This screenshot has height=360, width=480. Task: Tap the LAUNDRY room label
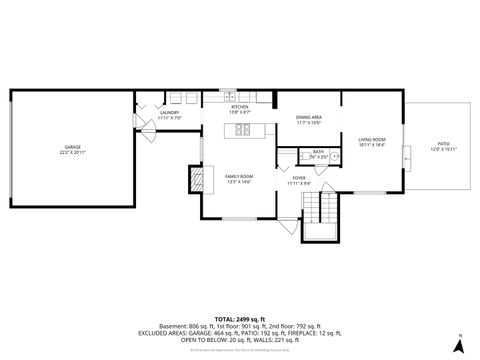click(x=169, y=113)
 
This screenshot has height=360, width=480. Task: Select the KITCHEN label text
click(x=239, y=107)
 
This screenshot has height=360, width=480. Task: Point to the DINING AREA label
click(x=308, y=118)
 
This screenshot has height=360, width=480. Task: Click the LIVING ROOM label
click(x=372, y=140)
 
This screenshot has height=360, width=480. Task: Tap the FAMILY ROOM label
click(x=238, y=176)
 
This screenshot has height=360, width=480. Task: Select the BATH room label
click(x=290, y=152)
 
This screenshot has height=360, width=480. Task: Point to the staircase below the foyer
click(x=323, y=210)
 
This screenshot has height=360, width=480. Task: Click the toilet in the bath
click(x=306, y=156)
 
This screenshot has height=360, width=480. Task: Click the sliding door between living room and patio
click(x=405, y=158)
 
